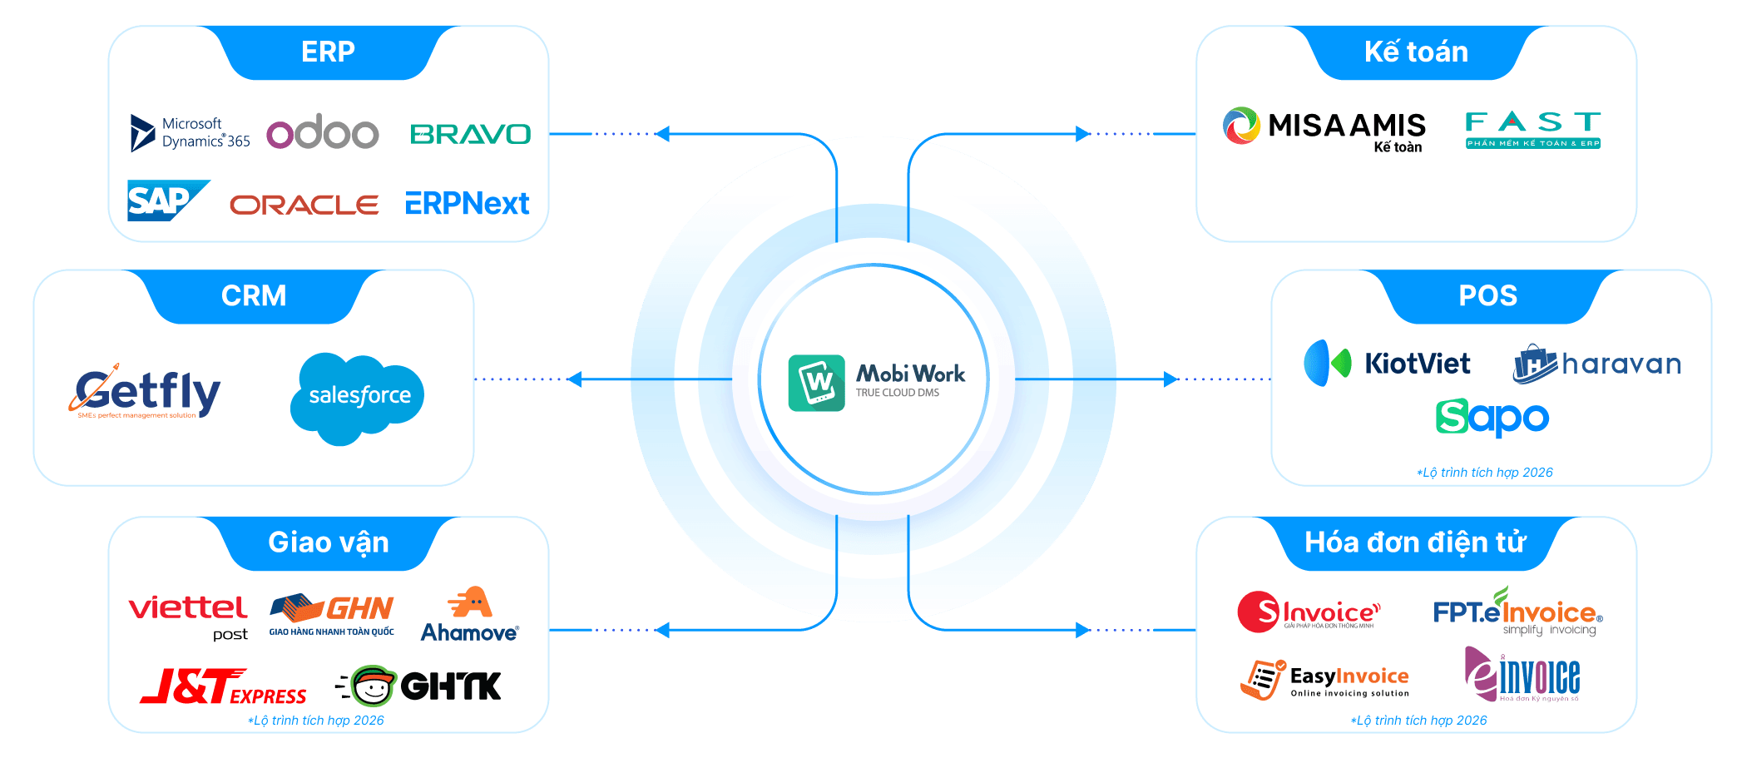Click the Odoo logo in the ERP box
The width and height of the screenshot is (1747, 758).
(323, 133)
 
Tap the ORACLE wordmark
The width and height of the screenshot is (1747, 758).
(304, 205)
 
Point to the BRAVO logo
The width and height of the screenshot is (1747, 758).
(470, 134)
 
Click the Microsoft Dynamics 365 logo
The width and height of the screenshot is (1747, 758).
(191, 133)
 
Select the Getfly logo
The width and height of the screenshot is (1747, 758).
(145, 392)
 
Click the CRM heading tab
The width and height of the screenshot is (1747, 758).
(254, 296)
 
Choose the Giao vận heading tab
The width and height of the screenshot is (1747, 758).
(329, 542)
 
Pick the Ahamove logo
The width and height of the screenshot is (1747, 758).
(470, 616)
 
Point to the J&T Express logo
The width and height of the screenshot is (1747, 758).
(223, 687)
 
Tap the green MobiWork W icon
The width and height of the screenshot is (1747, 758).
(817, 383)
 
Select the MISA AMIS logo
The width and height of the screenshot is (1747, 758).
(1324, 129)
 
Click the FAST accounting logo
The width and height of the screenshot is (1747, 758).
(1532, 130)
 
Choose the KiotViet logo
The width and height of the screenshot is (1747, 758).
(1387, 364)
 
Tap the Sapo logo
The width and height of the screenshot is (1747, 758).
(1492, 418)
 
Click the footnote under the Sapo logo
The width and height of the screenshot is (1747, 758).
(1485, 473)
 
